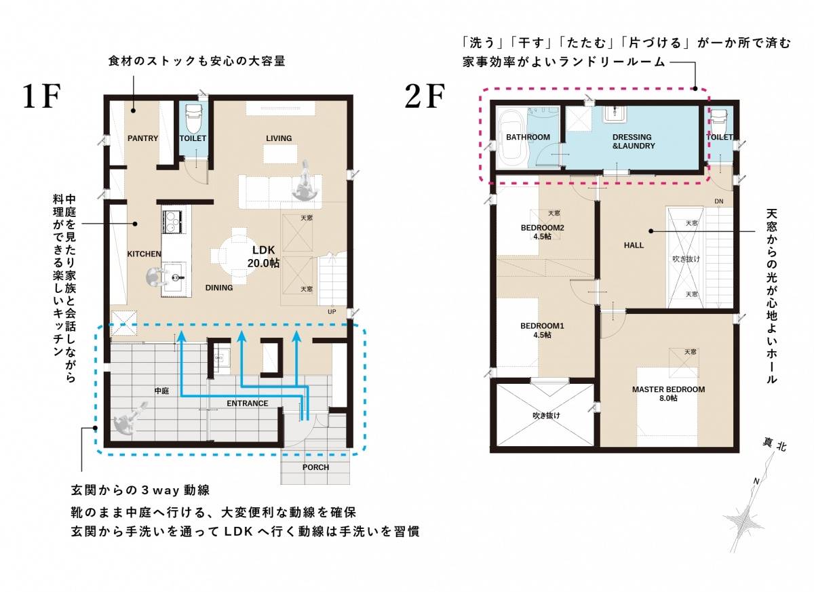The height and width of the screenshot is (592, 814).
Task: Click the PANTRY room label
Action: [x=143, y=138]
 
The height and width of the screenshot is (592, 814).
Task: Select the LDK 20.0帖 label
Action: [x=263, y=256]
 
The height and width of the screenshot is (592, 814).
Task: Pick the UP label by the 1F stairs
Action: [x=332, y=312]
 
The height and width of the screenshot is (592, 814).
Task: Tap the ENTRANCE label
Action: [x=248, y=403]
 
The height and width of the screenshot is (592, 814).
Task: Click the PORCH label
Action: [x=316, y=467]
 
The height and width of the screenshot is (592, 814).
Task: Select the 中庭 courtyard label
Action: [x=161, y=391]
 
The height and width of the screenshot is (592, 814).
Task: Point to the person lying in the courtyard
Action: [x=131, y=418]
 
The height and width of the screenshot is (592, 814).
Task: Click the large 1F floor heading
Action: [x=41, y=96]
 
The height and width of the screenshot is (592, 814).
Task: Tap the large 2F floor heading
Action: [x=425, y=96]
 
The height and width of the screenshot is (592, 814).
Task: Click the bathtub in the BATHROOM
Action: [x=511, y=139]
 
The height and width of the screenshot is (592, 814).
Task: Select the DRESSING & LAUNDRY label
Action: [x=634, y=142]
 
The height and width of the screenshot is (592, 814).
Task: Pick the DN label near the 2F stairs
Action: [x=719, y=201]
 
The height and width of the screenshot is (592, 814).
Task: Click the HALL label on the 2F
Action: [x=634, y=245]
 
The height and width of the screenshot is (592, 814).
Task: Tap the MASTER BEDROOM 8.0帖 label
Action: [x=668, y=394]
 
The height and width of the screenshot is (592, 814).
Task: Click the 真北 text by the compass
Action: [x=775, y=446]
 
